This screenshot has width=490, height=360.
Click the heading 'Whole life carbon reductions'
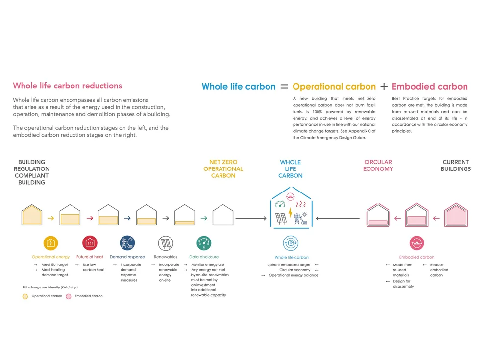click(67, 86)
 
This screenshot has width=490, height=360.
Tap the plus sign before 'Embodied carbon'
click(384, 86)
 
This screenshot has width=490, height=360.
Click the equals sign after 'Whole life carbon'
click(284, 86)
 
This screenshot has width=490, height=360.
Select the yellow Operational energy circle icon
click(51, 243)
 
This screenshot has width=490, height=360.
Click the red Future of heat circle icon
click(90, 243)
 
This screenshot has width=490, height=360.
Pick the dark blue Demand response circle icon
click(127, 243)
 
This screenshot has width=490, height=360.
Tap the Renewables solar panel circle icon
click(166, 243)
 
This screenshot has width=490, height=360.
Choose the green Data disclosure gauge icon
click(204, 243)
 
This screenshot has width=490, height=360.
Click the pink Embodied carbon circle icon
click(416, 243)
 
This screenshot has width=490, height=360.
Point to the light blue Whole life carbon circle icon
click(291, 243)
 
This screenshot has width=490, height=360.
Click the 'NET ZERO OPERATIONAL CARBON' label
click(223, 169)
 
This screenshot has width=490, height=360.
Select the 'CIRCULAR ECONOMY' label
click(378, 166)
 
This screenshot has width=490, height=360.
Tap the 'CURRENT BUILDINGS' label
click(456, 166)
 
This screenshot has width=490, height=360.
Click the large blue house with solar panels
click(291, 211)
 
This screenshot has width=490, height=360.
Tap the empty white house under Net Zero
click(222, 216)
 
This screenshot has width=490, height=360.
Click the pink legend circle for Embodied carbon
click(69, 296)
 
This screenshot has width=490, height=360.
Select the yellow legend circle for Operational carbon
click(25, 296)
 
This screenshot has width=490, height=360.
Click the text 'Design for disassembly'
click(401, 284)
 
